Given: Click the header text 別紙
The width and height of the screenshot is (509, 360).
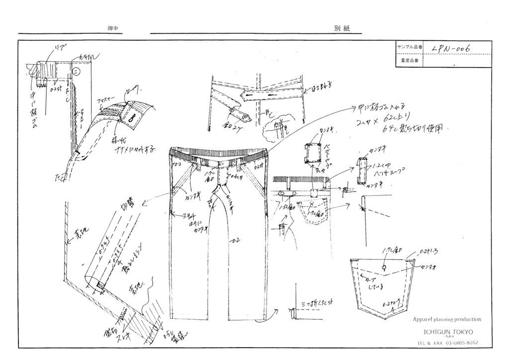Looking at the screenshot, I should (x=342, y=29).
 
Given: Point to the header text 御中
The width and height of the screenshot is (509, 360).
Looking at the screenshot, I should (x=112, y=29).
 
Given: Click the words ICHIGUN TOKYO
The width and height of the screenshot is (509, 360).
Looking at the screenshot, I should (x=448, y=331).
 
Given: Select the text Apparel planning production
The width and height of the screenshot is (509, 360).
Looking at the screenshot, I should (x=446, y=319).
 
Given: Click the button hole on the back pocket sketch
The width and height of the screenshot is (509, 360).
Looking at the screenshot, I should (x=385, y=269).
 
